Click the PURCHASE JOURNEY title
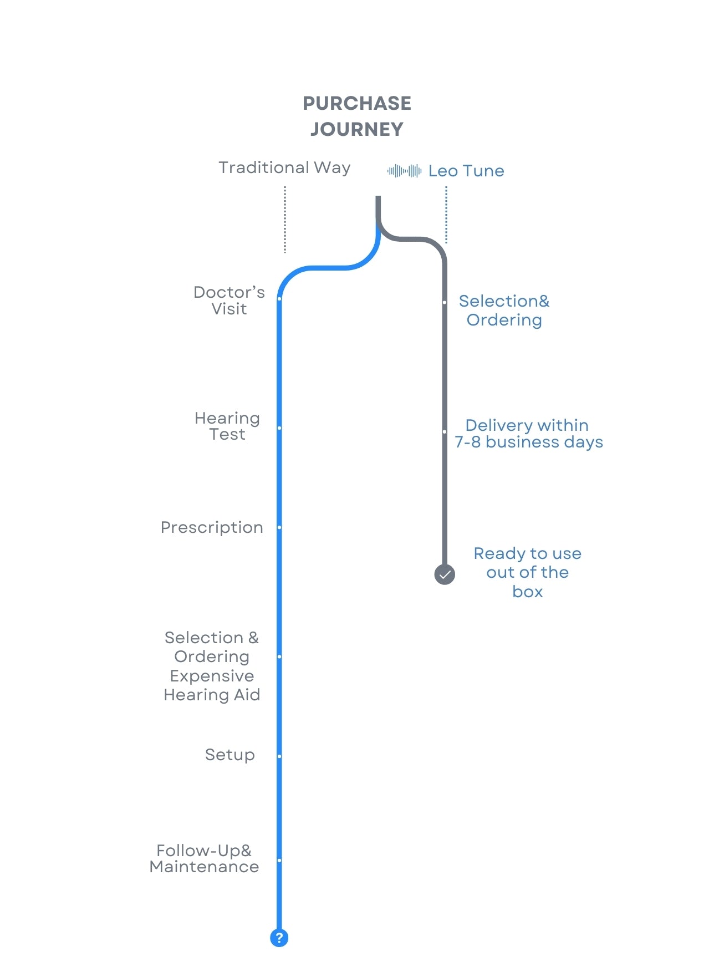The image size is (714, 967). [x=357, y=116]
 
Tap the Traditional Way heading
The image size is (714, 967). [x=284, y=167]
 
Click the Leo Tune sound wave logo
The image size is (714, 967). [x=404, y=171]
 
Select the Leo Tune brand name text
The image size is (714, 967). [x=466, y=171]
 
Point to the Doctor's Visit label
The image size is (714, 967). [x=229, y=301]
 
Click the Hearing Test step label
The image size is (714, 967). [x=227, y=426]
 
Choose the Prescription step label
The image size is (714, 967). [x=212, y=527]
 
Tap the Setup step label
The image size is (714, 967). [x=230, y=755]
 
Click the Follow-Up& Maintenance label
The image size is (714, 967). [x=204, y=858]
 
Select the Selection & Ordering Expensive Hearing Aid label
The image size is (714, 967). [x=212, y=666]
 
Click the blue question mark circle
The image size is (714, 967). [x=279, y=938]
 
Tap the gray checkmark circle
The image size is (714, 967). [x=445, y=574]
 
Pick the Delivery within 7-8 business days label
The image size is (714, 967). [x=528, y=434]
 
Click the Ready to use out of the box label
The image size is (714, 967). [x=528, y=572]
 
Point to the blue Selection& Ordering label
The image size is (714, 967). [x=504, y=311]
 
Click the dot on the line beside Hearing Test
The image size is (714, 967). [x=279, y=428]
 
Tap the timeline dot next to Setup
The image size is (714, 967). [x=279, y=756]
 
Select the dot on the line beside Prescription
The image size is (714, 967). [x=279, y=527]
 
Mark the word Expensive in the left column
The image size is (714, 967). [x=212, y=676]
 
